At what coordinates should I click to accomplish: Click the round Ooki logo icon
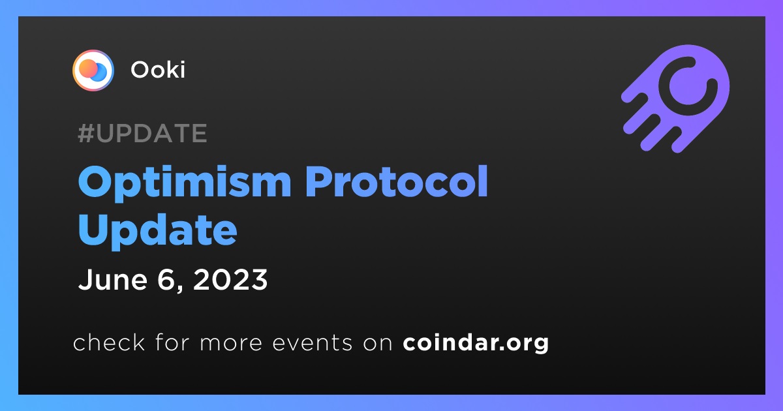tap(93, 70)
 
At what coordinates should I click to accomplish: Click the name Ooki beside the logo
tap(158, 70)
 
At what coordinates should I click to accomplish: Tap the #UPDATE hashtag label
tap(143, 133)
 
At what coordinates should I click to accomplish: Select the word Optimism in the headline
tap(185, 183)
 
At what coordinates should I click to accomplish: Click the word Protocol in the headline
tap(397, 181)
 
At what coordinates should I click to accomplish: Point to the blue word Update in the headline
tap(158, 231)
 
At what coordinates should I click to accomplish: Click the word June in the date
tap(113, 280)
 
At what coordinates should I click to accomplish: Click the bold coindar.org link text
tap(476, 342)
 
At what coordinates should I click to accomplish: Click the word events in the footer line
tap(313, 342)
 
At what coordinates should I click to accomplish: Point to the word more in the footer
tap(231, 343)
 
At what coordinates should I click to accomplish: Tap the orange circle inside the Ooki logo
tap(88, 68)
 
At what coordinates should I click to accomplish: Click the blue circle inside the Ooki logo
tap(100, 72)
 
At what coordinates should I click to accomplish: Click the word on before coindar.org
tap(378, 343)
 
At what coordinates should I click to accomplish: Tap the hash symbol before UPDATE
tap(86, 133)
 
